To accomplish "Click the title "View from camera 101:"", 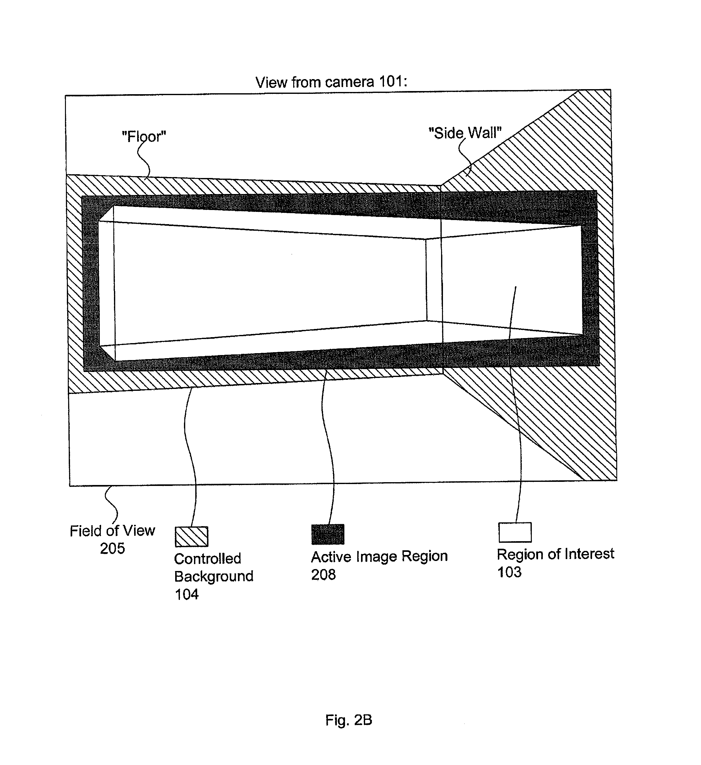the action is tap(331, 82).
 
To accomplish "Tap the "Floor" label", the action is tap(144, 137).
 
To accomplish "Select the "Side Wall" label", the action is tap(465, 133).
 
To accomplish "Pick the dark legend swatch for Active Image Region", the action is tap(328, 534).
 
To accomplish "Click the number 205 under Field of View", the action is tap(112, 548).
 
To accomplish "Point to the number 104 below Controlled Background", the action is tap(187, 594).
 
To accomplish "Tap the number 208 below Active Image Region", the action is tap(323, 574).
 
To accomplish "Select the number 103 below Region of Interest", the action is tap(509, 572).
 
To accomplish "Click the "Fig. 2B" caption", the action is tap(349, 720).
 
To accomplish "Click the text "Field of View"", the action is tap(112, 531).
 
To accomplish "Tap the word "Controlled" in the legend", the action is tap(208, 558).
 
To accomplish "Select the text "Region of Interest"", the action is tap(556, 554).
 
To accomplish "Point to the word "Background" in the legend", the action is tap(214, 576).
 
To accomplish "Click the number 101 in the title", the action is tap(393, 82).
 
